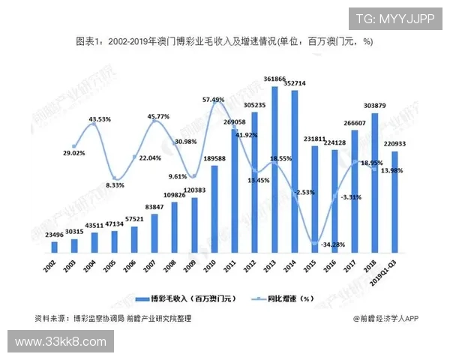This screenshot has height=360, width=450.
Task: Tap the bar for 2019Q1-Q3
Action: pyautogui.click(x=394, y=202)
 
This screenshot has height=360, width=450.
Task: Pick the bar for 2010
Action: pyautogui.click(x=214, y=209)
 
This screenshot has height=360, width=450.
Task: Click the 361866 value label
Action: pyautogui.click(x=274, y=79)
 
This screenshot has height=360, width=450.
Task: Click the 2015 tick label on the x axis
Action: pyautogui.click(x=314, y=267)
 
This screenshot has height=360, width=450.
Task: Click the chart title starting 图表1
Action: pyautogui.click(x=224, y=42)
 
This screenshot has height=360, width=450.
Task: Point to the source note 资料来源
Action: pyautogui.click(x=112, y=319)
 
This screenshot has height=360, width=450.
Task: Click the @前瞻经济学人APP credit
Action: pyautogui.click(x=385, y=319)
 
